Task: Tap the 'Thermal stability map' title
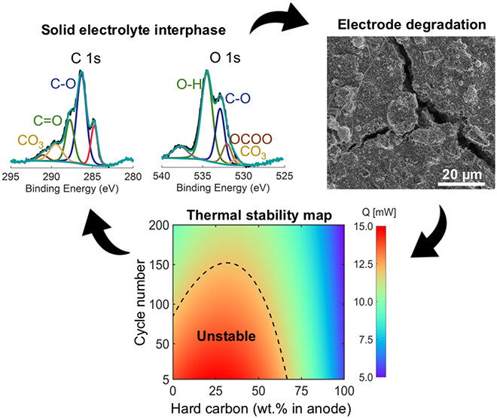[x=261, y=216]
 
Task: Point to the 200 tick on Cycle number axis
[x=161, y=226]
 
